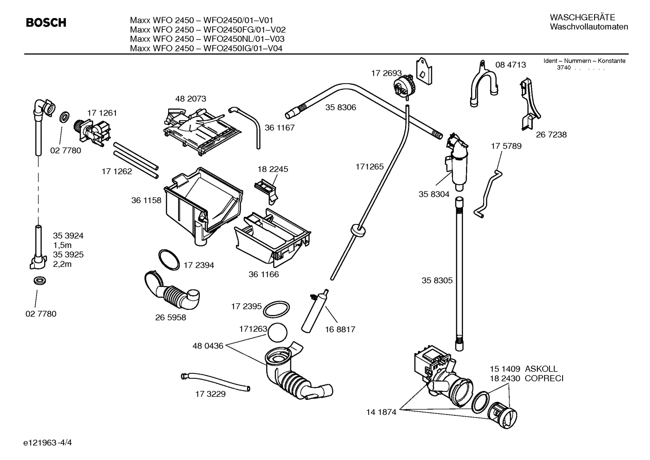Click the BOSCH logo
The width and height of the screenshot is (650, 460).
[46, 23]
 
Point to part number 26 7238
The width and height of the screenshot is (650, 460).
[551, 135]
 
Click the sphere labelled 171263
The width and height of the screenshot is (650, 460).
[277, 334]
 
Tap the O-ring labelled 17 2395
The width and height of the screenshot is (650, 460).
[276, 310]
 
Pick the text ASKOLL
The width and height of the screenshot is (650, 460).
[541, 369]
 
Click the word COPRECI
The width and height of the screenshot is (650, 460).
[544, 378]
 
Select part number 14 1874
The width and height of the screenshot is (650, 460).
[381, 412]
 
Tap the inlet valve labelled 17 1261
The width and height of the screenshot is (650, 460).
[93, 133]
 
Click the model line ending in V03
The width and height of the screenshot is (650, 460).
[207, 39]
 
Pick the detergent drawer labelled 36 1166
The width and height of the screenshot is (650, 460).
[270, 238]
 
